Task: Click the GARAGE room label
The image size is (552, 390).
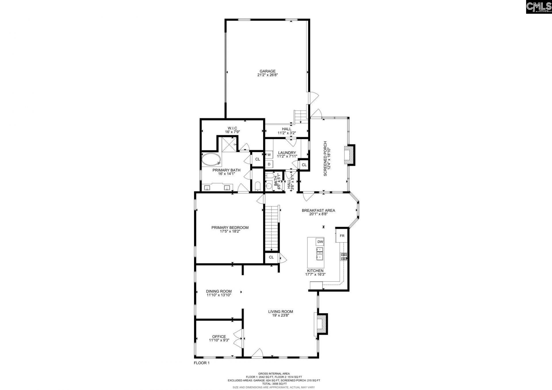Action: [x=267, y=71]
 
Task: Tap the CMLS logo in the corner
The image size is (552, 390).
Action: [x=538, y=7]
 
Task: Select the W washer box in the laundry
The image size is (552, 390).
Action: [x=269, y=155]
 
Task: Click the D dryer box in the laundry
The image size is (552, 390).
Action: [x=269, y=164]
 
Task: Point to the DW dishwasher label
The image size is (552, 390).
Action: [x=320, y=242]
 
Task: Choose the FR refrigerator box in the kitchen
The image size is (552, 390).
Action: [x=342, y=236]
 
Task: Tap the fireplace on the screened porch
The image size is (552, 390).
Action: [x=350, y=155]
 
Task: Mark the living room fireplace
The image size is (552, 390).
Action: [x=321, y=324]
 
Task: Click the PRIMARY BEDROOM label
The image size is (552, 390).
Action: [x=230, y=228]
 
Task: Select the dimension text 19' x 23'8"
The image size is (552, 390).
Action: [x=280, y=315]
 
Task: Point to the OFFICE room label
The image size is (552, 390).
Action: [x=219, y=337]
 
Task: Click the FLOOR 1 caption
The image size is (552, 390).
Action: [x=202, y=363]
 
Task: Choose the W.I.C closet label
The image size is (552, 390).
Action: [x=232, y=128]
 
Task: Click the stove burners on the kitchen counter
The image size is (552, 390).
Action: [x=344, y=256]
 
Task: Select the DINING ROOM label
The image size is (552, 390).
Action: [x=218, y=291]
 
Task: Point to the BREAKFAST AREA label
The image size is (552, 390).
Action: [x=318, y=210]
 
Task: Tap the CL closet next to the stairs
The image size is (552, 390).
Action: [x=271, y=257]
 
